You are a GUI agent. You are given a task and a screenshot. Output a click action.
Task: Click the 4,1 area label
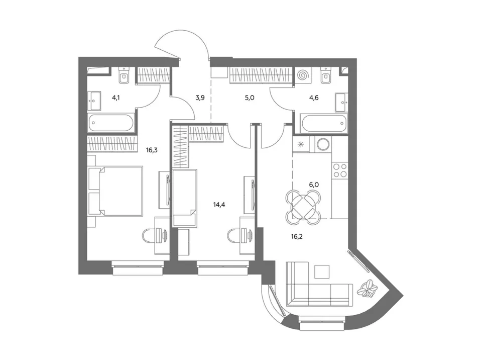pos(116,98)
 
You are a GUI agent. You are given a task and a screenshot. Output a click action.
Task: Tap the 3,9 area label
pos(200,98)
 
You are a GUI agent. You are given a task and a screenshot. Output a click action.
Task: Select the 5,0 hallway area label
pos(250,98)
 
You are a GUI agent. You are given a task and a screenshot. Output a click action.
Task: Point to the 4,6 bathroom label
pos(314,98)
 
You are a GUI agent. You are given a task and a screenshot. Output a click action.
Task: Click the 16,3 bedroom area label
pos(152,150)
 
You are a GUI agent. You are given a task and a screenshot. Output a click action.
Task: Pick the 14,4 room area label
pos(219,205)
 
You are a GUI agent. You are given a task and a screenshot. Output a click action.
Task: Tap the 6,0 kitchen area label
pos(314,185)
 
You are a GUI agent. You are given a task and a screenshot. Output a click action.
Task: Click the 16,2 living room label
pos(297,237)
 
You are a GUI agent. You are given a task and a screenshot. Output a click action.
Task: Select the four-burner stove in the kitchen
pos(340,170)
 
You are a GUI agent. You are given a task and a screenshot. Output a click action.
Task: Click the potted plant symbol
pos(367,289)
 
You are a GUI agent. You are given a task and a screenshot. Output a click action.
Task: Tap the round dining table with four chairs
pos(303,205)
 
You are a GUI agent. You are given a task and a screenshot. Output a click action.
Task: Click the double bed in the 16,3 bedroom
pos(115,191)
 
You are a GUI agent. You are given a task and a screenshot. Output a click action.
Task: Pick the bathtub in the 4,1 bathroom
pos(111,123)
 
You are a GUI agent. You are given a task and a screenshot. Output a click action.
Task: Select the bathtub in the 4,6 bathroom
pos(325,123)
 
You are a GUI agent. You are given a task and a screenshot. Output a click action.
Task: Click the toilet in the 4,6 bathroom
pos(325,75)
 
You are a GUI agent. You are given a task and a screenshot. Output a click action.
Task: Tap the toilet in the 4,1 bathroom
pos(125,75)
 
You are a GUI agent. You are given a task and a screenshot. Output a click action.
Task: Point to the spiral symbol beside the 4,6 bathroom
pos(303,75)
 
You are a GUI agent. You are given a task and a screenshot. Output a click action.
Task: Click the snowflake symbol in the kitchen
pos(301,144)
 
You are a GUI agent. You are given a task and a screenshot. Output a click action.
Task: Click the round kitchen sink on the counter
pos(323,144)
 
